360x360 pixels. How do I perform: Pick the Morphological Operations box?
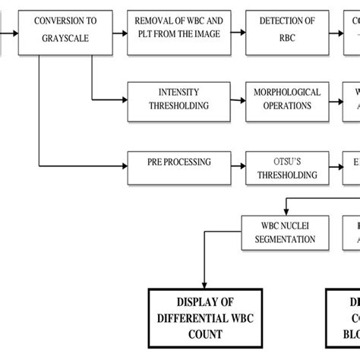(287, 99)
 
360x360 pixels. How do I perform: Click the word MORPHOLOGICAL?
(287, 93)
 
